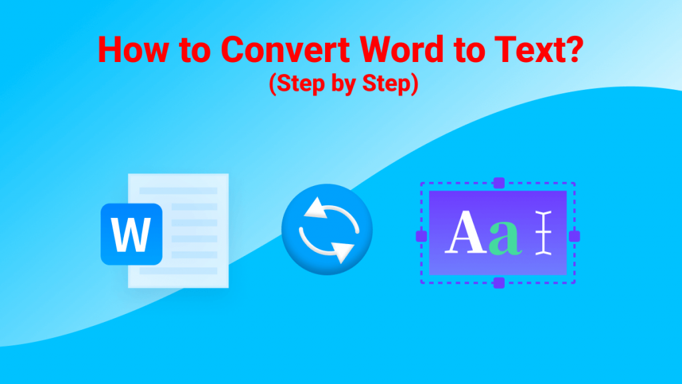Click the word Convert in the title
[285, 49]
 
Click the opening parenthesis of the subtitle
[272, 84]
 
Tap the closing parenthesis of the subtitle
[414, 84]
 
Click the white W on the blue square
[131, 235]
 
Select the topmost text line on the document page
[178, 191]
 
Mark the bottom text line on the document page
[178, 271]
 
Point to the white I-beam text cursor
[543, 233]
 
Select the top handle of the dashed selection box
[499, 183]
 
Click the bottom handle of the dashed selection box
[499, 283]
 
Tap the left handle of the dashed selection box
[421, 236]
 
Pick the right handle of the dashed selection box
[575, 236]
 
